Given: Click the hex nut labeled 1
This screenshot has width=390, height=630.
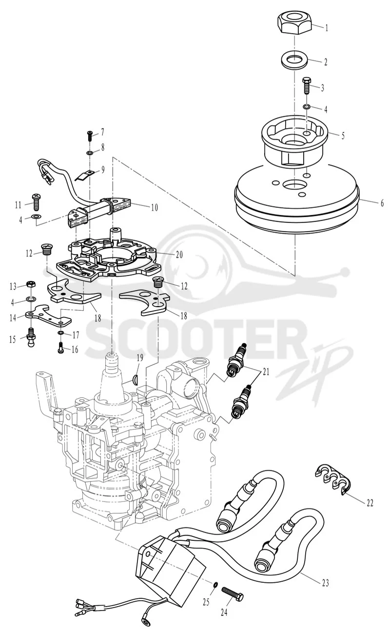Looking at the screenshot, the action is (x=295, y=24).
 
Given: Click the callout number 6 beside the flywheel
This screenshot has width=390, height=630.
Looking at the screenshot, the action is (x=382, y=203).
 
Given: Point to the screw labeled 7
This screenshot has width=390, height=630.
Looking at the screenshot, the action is (x=90, y=136).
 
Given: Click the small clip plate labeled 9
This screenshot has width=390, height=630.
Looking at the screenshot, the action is (x=84, y=176).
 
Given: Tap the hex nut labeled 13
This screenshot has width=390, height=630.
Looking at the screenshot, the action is (x=30, y=284).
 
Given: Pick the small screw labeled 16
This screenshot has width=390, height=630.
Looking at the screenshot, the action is (x=61, y=348).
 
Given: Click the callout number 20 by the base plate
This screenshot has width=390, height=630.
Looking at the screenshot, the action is (x=179, y=255).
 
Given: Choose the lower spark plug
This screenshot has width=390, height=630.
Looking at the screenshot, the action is (x=241, y=402).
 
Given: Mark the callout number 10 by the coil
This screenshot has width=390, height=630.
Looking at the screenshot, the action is (x=155, y=207).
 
